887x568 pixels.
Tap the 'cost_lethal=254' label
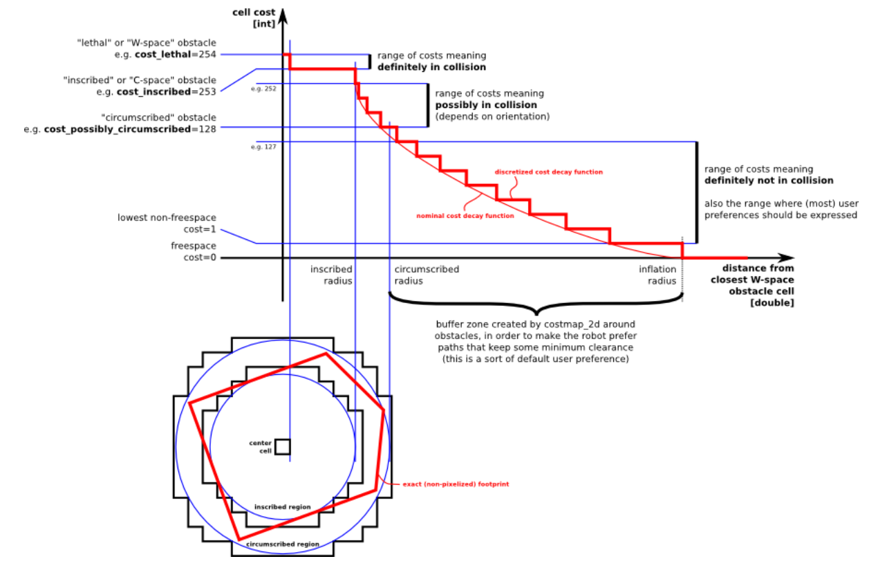coord(176,55)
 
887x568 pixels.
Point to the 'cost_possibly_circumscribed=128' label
coord(130,129)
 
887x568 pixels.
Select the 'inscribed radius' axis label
coord(331,275)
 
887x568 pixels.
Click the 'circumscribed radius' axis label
coord(427,275)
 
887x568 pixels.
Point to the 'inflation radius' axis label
coord(657,275)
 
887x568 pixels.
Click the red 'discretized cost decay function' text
coord(548,172)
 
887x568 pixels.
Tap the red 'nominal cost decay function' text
coord(465,216)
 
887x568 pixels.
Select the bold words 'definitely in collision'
coord(431,67)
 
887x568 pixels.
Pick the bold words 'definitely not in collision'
coord(768,181)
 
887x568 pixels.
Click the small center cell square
coord(282,446)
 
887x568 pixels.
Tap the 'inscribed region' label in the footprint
coord(282,507)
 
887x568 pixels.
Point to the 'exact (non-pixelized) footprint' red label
coord(455,484)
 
